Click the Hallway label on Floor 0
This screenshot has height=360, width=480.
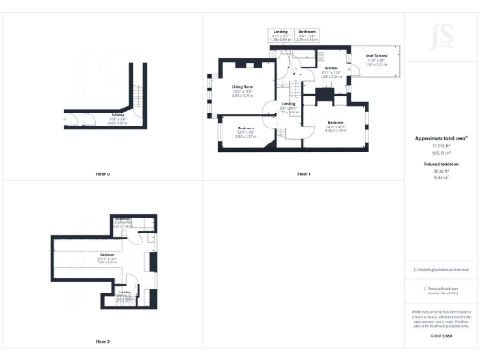[x=118, y=117]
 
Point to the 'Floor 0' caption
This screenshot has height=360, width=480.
[x=102, y=174]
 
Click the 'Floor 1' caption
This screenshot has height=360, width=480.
[x=303, y=174]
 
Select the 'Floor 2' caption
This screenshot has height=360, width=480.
[x=102, y=341]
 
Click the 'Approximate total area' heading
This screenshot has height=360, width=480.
[x=441, y=137]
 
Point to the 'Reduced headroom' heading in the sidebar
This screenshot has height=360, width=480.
[x=441, y=163]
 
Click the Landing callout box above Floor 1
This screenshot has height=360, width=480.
[x=280, y=35]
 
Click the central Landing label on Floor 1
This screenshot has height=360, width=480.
[x=290, y=105]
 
